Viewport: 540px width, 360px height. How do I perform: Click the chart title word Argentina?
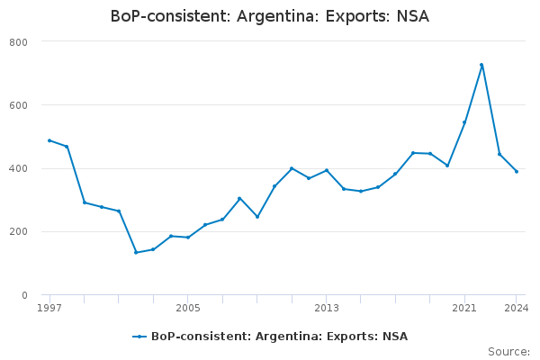tap(278, 16)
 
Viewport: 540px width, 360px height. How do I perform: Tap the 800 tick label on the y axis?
tap(18, 42)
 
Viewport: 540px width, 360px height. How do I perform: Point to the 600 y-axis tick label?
tap(18, 105)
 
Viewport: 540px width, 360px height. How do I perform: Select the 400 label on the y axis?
tap(18, 169)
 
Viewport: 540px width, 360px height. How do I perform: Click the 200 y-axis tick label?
tap(18, 232)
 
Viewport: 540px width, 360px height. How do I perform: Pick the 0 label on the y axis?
tap(24, 295)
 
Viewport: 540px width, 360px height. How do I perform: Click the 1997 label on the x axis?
tap(49, 308)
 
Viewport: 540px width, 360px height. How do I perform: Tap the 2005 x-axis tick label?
tap(188, 308)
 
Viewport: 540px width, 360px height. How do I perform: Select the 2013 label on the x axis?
tap(327, 308)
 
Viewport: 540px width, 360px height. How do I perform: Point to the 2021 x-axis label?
tap(464, 308)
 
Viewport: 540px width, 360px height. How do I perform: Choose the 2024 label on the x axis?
tap(517, 308)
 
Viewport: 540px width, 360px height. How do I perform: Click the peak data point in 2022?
tap(481, 65)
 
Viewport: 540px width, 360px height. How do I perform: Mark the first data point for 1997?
tap(49, 140)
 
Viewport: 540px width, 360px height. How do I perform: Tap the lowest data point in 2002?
tap(136, 253)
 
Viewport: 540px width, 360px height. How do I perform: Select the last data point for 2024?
tap(517, 172)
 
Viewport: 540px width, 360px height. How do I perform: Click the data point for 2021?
tap(464, 122)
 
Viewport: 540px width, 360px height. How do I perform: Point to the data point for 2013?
tap(327, 170)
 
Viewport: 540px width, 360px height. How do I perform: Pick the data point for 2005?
tap(188, 238)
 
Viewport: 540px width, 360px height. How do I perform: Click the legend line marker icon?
tap(139, 337)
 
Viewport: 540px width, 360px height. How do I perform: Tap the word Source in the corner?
tap(508, 352)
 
